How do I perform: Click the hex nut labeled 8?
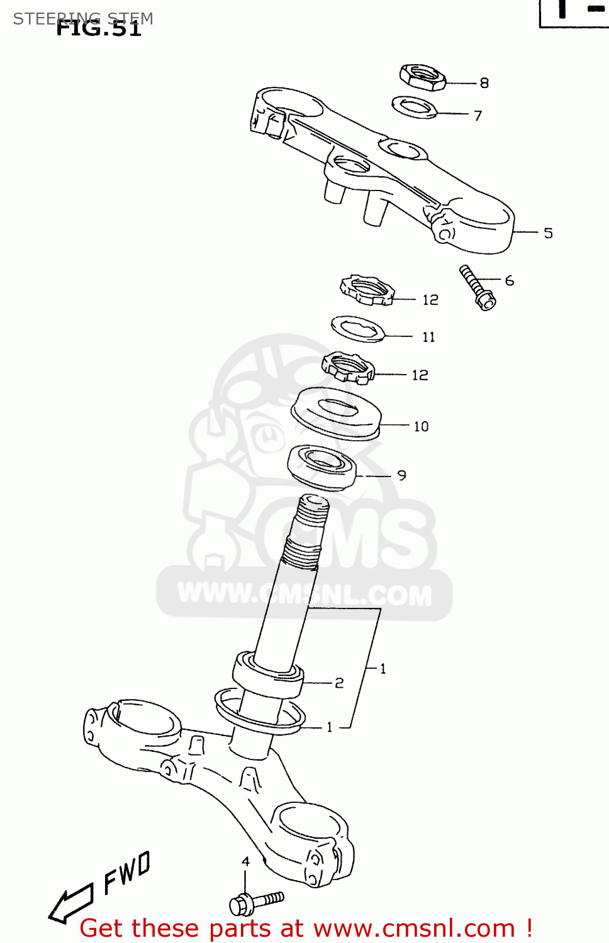point(422,77)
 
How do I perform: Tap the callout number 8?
point(484,83)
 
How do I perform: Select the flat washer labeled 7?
point(413,107)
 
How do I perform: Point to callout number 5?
point(548,233)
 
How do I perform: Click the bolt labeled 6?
point(478,287)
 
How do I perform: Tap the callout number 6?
point(509,280)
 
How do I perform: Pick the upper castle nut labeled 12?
point(367,290)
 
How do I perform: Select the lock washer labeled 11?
point(357,329)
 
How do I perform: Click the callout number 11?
point(428,337)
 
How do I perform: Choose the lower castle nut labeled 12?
point(348,367)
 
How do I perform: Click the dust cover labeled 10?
point(336,412)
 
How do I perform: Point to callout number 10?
point(421,426)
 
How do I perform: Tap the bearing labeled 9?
point(321,466)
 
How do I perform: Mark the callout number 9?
point(401,476)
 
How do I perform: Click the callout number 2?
point(339,683)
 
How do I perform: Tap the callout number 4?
point(245,861)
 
